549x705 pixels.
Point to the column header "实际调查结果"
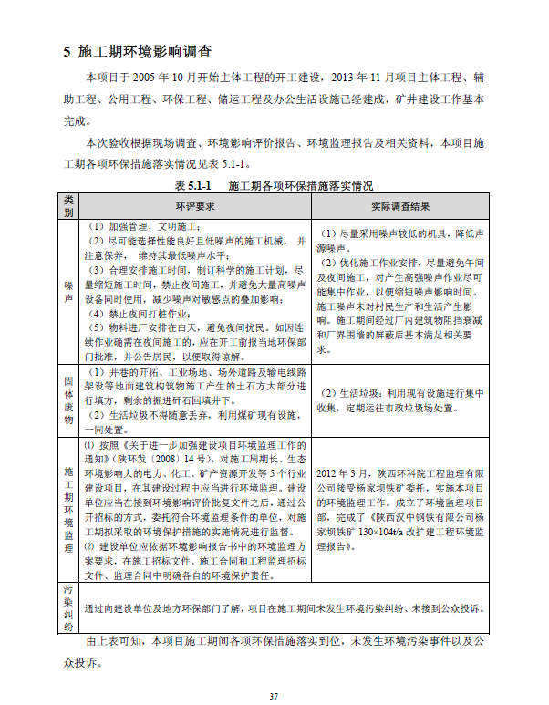[x=400, y=205]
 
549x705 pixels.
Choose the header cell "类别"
[x=68, y=205]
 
